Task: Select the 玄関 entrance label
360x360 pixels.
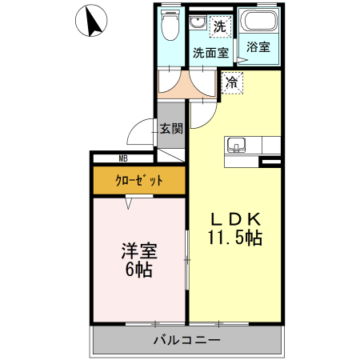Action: pos(170,127)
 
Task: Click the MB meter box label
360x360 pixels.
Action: pos(123,158)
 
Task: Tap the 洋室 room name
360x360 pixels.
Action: pos(138,250)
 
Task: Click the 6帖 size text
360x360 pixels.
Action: pos(138,269)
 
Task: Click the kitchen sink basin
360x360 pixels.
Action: pos(236,145)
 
